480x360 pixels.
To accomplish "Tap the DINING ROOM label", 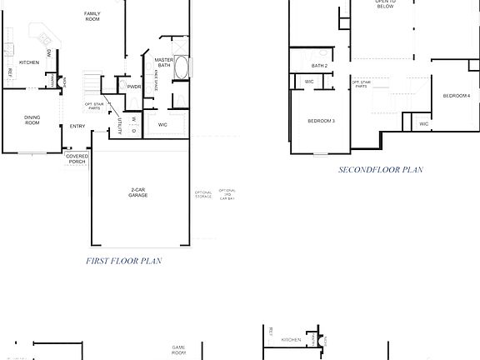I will (x=32, y=120).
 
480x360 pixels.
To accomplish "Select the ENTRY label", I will (x=77, y=127).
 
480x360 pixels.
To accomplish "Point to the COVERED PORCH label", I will (x=77, y=158).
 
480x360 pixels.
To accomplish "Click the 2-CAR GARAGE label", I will (x=138, y=192).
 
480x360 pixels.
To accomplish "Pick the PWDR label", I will (x=133, y=86).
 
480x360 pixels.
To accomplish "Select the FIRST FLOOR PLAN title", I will (x=123, y=261).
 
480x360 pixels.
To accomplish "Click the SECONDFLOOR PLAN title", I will (x=380, y=170).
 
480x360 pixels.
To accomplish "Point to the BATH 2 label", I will (x=319, y=65).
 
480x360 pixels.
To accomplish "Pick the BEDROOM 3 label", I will (x=321, y=122).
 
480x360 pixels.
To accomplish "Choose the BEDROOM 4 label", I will (x=457, y=97).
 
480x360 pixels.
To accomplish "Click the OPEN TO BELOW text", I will (x=384, y=4).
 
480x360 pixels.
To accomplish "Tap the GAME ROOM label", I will (x=178, y=350).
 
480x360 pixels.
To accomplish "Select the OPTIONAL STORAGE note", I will (x=203, y=194).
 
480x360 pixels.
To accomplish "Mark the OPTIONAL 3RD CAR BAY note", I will (x=227, y=194).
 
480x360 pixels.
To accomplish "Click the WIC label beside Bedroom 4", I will (x=423, y=124).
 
